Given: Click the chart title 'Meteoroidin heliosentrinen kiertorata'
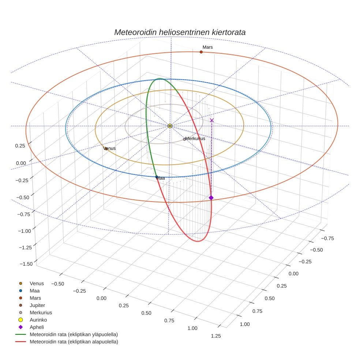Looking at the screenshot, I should point(180,32).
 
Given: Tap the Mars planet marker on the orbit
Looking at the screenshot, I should point(201,52).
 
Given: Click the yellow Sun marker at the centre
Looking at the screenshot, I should point(170,126).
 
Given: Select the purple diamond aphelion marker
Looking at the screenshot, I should point(211,198).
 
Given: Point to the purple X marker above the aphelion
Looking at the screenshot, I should point(211,120).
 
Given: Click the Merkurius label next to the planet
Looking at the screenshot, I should point(195,139).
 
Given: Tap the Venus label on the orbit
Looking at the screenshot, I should point(110,149).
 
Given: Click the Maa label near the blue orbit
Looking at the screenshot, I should point(161,178).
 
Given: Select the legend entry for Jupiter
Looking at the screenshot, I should point(37,305).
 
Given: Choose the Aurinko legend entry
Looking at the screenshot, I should point(38,320).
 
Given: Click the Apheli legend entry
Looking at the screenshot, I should point(37,327).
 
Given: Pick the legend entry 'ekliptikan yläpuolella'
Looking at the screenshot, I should point(74,334).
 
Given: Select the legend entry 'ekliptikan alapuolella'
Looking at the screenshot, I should point(74,342).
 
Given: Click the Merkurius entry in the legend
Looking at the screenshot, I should point(41,312).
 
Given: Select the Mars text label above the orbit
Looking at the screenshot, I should point(207,47).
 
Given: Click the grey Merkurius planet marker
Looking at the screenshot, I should point(184,139).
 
